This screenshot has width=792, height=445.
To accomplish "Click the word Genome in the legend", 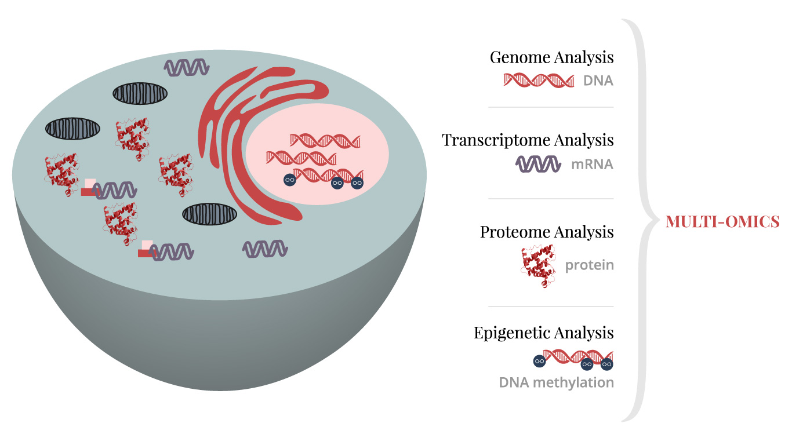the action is [519, 57].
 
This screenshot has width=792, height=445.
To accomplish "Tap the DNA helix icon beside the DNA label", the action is [539, 80].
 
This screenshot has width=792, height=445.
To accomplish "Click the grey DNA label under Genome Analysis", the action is [598, 81].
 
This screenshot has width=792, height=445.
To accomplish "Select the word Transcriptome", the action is [496, 140].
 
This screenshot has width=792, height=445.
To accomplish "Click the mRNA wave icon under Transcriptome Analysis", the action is [538, 164].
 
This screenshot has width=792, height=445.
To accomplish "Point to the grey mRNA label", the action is [592, 165].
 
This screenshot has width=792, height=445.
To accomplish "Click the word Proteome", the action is [515, 232].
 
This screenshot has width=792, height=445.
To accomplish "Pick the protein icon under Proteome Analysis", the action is [538, 266].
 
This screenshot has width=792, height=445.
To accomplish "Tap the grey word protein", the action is [590, 265].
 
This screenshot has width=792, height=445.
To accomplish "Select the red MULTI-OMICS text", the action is [722, 221].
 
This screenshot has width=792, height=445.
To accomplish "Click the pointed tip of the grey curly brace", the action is [658, 221].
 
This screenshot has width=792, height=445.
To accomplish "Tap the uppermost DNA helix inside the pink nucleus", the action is [325, 141].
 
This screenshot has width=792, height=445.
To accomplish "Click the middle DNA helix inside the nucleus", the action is [301, 158].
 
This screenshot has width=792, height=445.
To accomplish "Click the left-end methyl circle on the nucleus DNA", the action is [289, 180].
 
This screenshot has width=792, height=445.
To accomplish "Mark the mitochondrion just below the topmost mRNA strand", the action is [140, 94].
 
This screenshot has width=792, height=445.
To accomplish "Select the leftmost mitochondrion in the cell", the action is [72, 129].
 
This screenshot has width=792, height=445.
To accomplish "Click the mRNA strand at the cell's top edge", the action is [186, 68].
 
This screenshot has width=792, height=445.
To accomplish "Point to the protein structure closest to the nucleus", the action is [176, 174].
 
